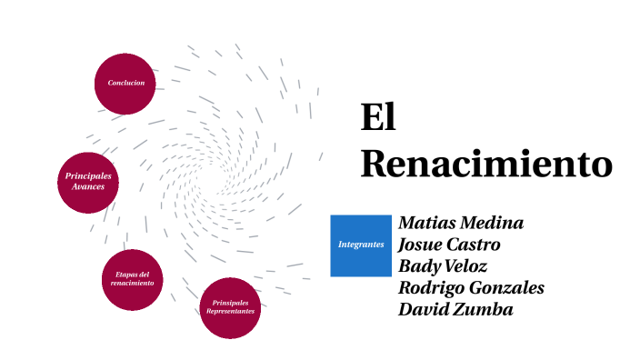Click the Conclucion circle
click(125, 84)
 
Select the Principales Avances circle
click(87, 180)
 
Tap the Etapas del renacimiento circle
click(133, 279)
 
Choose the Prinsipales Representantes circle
click(230, 307)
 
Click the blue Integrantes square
click(360, 245)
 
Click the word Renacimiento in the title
click(485, 164)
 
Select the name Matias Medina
click(461, 224)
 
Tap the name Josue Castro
click(449, 245)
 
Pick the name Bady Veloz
click(443, 266)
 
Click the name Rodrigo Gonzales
click(471, 288)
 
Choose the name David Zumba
click(455, 310)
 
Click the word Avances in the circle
click(88, 186)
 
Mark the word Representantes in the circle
click(230, 312)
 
